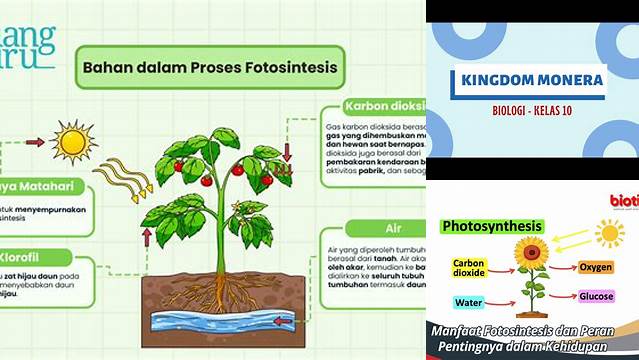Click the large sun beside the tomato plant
coord(73,141)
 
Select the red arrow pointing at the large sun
coord(36,142)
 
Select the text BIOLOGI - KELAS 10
coord(531,109)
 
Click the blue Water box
coord(469,301)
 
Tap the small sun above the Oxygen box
coord(609,233)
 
